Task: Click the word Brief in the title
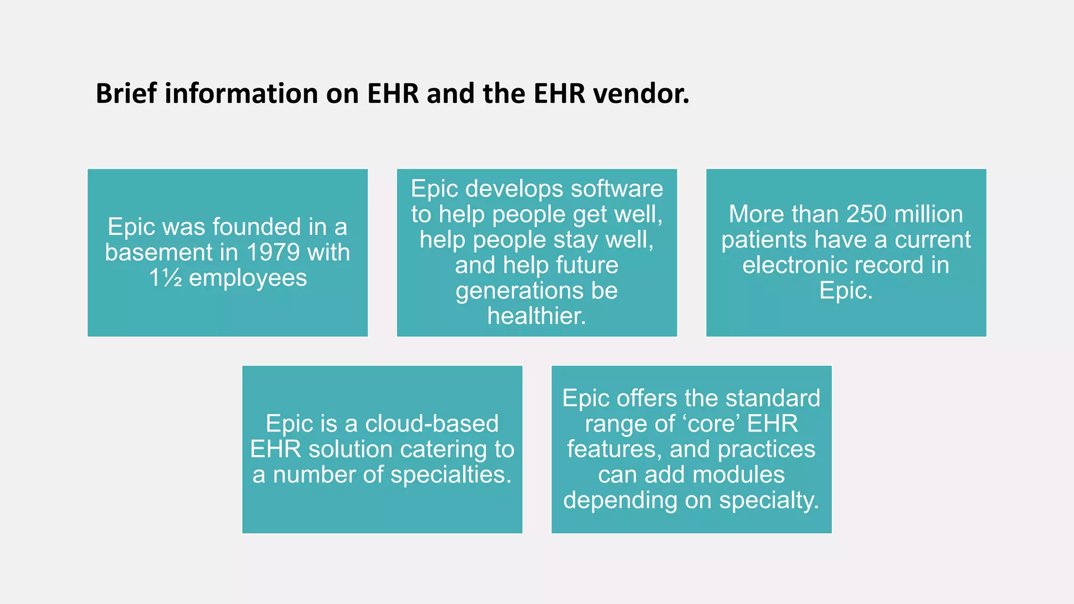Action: (126, 94)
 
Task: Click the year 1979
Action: (273, 253)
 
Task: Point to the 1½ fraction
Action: (166, 278)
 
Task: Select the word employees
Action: (248, 278)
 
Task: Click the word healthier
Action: (536, 316)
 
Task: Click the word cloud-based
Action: (432, 424)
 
